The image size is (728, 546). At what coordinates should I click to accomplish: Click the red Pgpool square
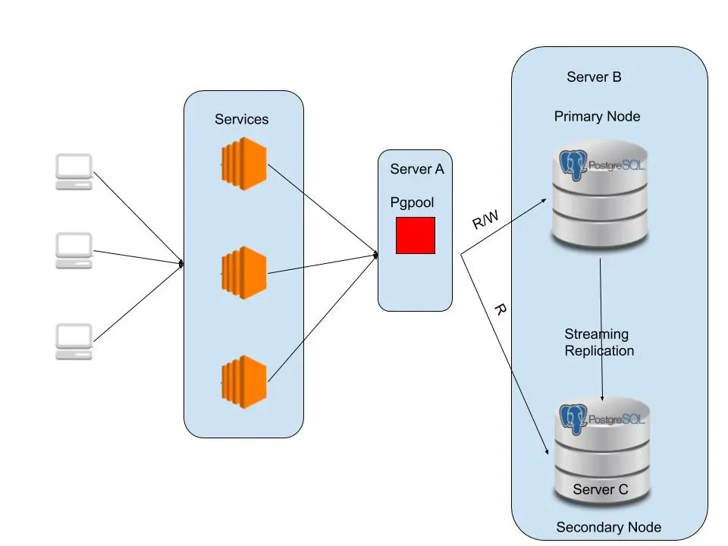point(416,235)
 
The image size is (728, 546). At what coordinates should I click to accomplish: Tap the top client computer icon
point(74,171)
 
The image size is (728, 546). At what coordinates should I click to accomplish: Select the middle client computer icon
point(74,250)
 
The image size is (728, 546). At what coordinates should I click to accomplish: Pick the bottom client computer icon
point(74,341)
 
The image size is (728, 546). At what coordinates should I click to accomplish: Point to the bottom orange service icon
point(244,381)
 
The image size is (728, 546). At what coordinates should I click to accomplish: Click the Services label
point(241,119)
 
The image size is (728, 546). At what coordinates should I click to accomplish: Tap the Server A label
point(417,169)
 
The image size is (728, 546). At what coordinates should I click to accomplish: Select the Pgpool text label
point(412,202)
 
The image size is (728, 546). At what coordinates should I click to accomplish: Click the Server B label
point(595,77)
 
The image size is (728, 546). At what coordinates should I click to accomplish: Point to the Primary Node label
point(597,116)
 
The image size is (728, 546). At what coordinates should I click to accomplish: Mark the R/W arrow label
point(486,221)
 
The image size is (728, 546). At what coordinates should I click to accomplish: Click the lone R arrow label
point(500,310)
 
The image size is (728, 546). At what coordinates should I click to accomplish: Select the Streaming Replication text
point(598,342)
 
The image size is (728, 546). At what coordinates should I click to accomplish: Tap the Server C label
point(601,489)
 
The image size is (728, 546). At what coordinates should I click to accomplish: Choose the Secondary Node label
point(608,527)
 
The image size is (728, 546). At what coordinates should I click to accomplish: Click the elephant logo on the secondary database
point(574,419)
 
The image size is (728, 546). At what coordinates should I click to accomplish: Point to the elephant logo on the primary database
point(574,166)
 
